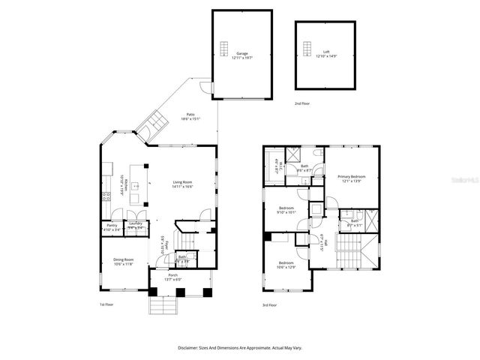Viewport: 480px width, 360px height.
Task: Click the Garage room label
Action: [x=242, y=53]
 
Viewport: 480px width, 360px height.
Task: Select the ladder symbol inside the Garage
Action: [x=224, y=49]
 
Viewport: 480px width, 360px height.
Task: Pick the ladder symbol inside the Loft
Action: [x=306, y=49]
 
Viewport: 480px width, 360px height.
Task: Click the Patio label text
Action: [x=191, y=114]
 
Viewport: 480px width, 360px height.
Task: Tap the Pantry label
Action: [x=112, y=224]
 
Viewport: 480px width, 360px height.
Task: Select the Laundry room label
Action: [x=136, y=223]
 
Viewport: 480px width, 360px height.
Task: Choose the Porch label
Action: [x=173, y=274]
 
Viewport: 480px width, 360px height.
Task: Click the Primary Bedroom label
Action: [x=350, y=175]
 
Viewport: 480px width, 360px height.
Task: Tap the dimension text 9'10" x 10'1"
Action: [x=287, y=212]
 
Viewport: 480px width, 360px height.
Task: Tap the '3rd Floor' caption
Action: [x=270, y=304]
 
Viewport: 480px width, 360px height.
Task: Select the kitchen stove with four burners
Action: [x=107, y=196]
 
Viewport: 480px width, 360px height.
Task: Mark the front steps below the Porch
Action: [x=163, y=307]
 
